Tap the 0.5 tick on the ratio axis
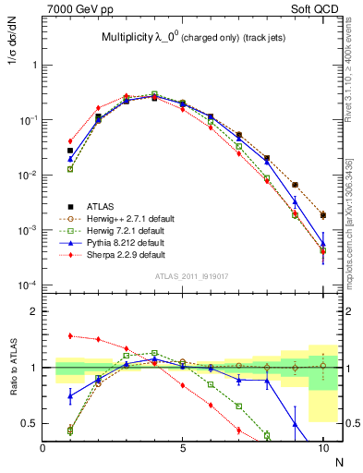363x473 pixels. point(30,423)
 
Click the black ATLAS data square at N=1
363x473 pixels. point(70,150)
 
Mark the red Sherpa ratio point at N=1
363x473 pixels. point(70,335)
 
